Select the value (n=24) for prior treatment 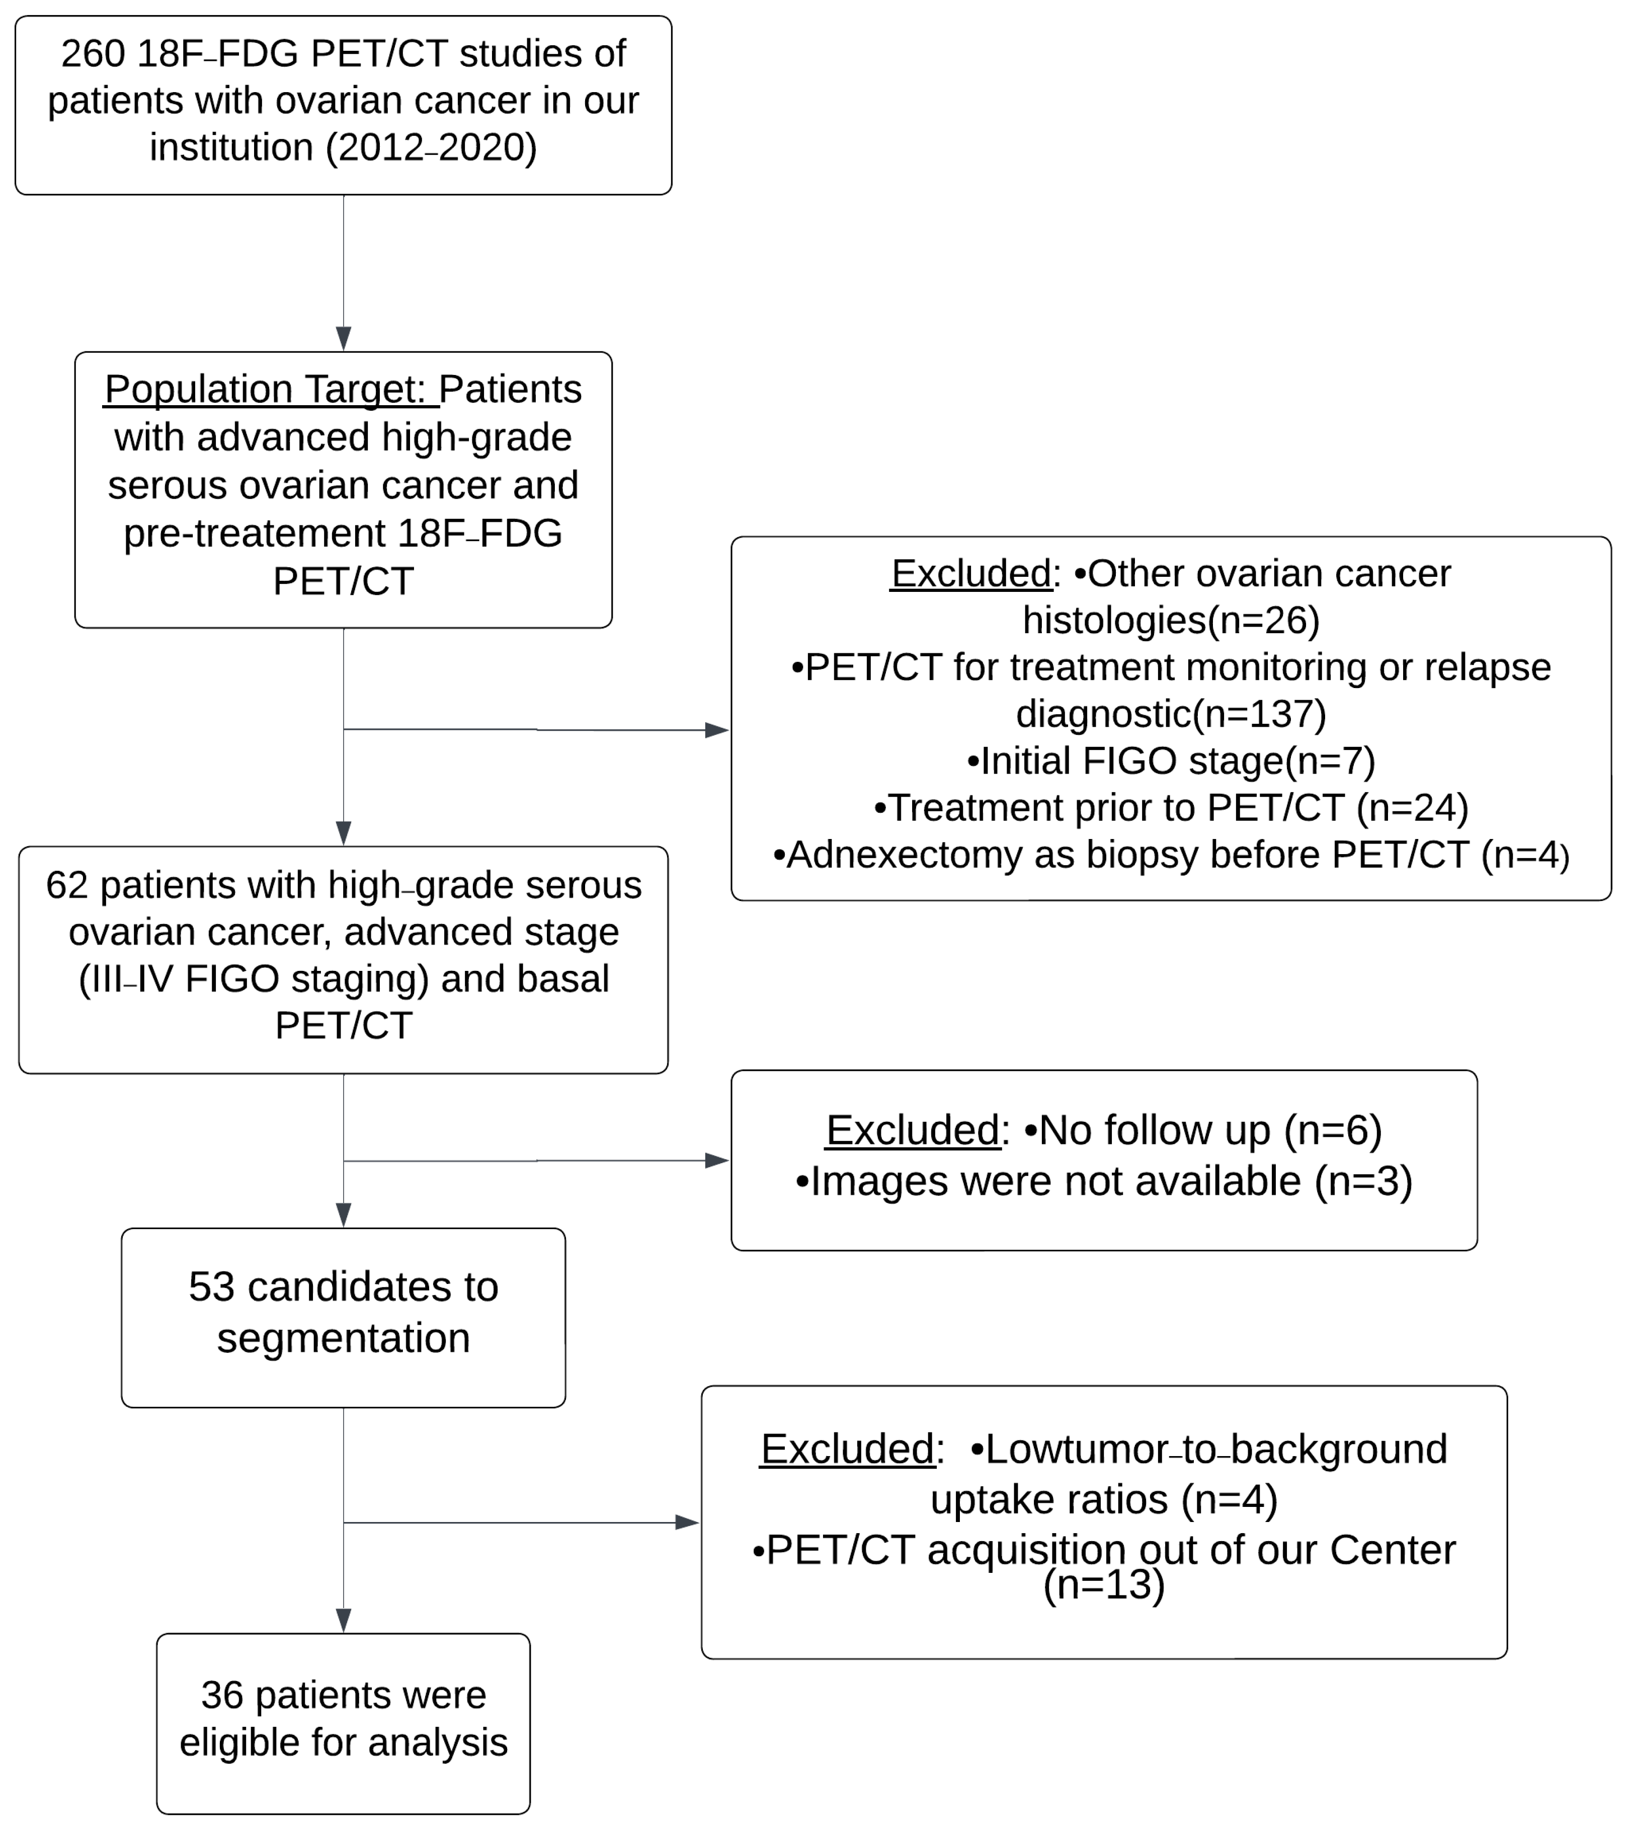[1412, 808]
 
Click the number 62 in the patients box [67, 885]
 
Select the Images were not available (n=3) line [1104, 1181]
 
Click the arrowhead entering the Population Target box [344, 338]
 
